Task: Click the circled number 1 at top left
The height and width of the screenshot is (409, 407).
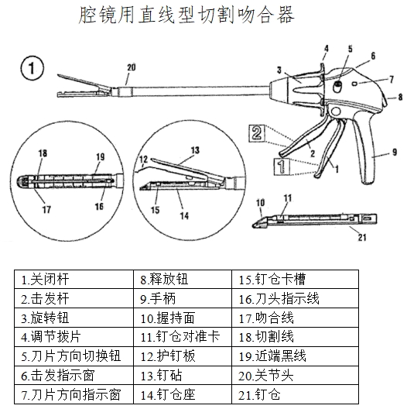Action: click(x=29, y=69)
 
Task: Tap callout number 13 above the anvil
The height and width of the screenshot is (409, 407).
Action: click(x=194, y=149)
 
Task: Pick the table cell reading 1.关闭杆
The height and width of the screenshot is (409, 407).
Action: click(x=74, y=278)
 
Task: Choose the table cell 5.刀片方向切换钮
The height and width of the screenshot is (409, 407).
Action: click(x=74, y=356)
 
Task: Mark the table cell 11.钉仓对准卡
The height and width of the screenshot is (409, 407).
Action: click(x=183, y=336)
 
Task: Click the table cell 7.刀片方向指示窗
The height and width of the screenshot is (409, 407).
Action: click(x=74, y=394)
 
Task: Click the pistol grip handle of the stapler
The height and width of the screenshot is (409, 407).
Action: click(x=368, y=143)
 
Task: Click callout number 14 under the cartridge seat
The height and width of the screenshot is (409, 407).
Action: click(x=182, y=216)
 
